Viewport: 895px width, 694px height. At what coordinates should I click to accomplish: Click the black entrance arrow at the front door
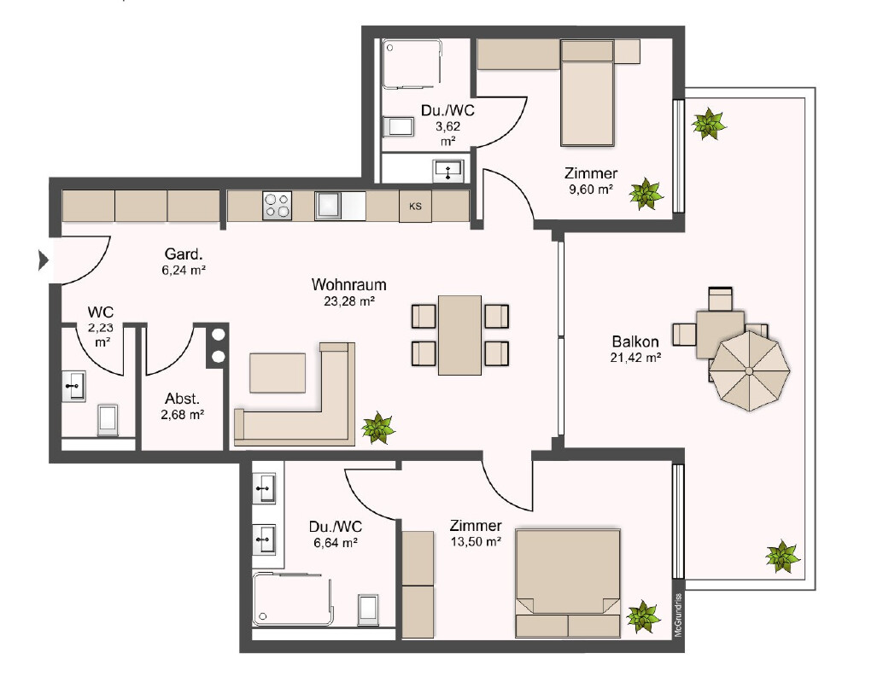[x=43, y=260]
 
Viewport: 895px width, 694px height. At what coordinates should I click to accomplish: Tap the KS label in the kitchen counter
[x=415, y=206]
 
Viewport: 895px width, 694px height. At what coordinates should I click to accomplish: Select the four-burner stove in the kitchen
[x=278, y=206]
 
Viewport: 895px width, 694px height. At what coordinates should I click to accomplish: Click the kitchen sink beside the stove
[x=329, y=206]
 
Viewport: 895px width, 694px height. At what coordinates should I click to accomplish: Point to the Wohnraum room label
[x=348, y=284]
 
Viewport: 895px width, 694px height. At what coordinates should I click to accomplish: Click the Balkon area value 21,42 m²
[x=635, y=358]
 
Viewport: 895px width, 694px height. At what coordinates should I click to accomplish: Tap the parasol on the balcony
[x=750, y=371]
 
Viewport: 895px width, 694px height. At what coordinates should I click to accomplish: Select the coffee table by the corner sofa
[x=278, y=373]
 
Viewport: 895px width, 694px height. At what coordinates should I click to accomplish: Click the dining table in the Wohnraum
[x=460, y=335]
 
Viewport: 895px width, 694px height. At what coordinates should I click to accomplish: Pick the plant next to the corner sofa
[x=377, y=428]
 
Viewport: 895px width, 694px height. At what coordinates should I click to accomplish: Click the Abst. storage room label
[x=183, y=399]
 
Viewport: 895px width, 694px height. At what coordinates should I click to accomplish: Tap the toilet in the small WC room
[x=108, y=420]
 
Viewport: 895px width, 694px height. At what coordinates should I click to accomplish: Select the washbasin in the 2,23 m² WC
[x=73, y=387]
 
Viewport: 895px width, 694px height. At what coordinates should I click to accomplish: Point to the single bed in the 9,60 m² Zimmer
[x=588, y=93]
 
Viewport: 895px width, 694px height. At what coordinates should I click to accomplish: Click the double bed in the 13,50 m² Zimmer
[x=568, y=583]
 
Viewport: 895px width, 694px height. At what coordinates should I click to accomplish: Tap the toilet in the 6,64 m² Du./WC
[x=368, y=610]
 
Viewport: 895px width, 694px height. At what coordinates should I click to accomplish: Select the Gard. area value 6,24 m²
[x=184, y=270]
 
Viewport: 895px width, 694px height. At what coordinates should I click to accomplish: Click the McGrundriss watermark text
[x=678, y=615]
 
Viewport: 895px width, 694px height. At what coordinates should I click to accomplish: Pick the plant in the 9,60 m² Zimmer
[x=646, y=193]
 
